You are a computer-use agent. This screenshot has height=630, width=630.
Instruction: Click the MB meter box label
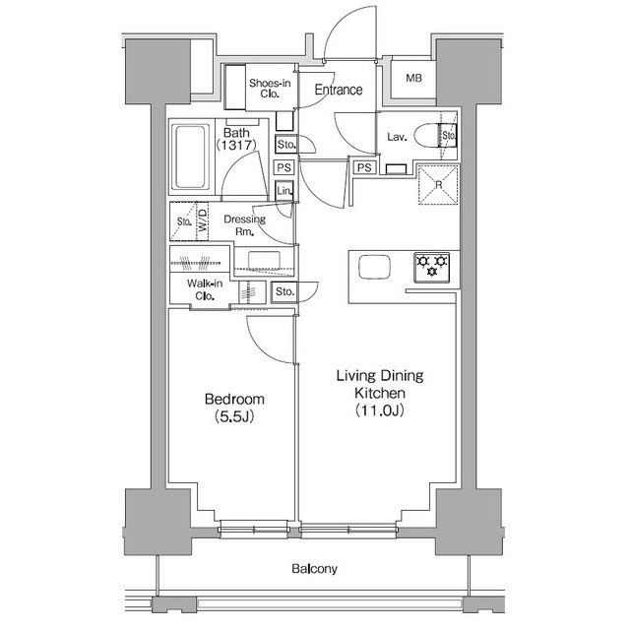pyautogui.click(x=413, y=78)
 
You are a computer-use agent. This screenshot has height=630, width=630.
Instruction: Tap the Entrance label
pyautogui.click(x=339, y=90)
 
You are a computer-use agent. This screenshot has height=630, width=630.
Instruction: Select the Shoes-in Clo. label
pyautogui.click(x=270, y=89)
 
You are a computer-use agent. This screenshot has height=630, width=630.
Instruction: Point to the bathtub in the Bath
pyautogui.click(x=190, y=157)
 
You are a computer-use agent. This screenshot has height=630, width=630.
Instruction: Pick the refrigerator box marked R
pyautogui.click(x=438, y=185)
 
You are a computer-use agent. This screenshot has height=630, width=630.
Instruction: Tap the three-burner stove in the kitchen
pyautogui.click(x=431, y=267)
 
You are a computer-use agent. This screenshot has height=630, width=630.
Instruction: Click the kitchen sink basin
pyautogui.click(x=374, y=267)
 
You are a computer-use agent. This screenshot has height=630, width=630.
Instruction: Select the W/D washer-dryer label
pyautogui.click(x=203, y=220)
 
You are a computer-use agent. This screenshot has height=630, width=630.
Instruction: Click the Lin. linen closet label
pyautogui.click(x=284, y=191)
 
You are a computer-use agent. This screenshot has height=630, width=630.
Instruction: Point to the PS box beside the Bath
pyautogui.click(x=284, y=167)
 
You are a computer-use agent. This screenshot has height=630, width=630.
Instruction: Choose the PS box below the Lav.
pyautogui.click(x=364, y=167)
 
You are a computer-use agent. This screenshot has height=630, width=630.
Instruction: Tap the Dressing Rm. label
pyautogui.click(x=245, y=225)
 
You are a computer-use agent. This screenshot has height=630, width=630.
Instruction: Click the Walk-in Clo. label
pyautogui.click(x=205, y=289)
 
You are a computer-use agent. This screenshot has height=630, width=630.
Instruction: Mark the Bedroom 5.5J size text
pyautogui.click(x=234, y=416)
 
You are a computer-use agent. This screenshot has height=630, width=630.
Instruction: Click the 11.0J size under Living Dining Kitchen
pyautogui.click(x=379, y=410)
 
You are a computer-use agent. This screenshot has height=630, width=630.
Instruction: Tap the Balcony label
pyautogui.click(x=314, y=569)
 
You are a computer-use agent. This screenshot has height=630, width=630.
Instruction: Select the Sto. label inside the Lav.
pyautogui.click(x=449, y=136)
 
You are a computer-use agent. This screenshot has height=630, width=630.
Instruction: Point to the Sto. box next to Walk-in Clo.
pyautogui.click(x=284, y=291)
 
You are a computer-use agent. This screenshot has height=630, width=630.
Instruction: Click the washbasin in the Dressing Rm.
pyautogui.click(x=264, y=260)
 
